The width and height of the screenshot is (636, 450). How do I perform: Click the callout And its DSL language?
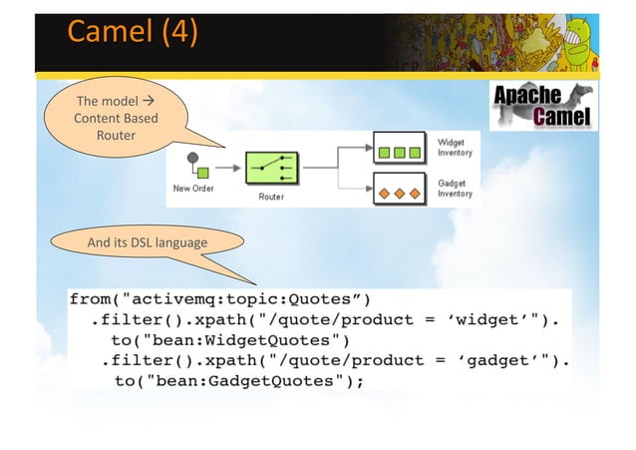click(x=148, y=242)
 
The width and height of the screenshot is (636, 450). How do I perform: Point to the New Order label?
click(x=193, y=189)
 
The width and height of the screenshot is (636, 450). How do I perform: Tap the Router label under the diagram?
click(x=271, y=198)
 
